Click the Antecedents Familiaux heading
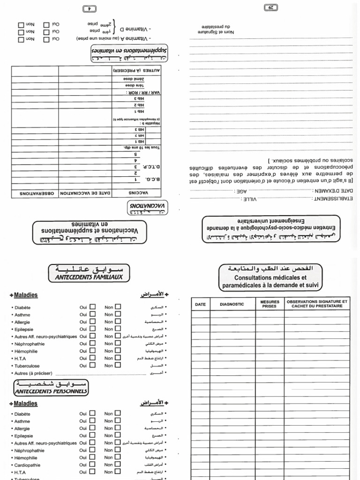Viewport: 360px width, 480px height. click(x=90, y=277)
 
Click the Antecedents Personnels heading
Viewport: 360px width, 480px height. click(x=51, y=390)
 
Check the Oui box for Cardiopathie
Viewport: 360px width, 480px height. click(x=92, y=465)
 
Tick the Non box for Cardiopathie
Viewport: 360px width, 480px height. click(x=118, y=465)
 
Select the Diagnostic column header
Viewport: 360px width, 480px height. click(x=232, y=304)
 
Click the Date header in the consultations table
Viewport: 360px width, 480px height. click(x=200, y=304)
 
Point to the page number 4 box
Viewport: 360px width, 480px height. click(x=88, y=8)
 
